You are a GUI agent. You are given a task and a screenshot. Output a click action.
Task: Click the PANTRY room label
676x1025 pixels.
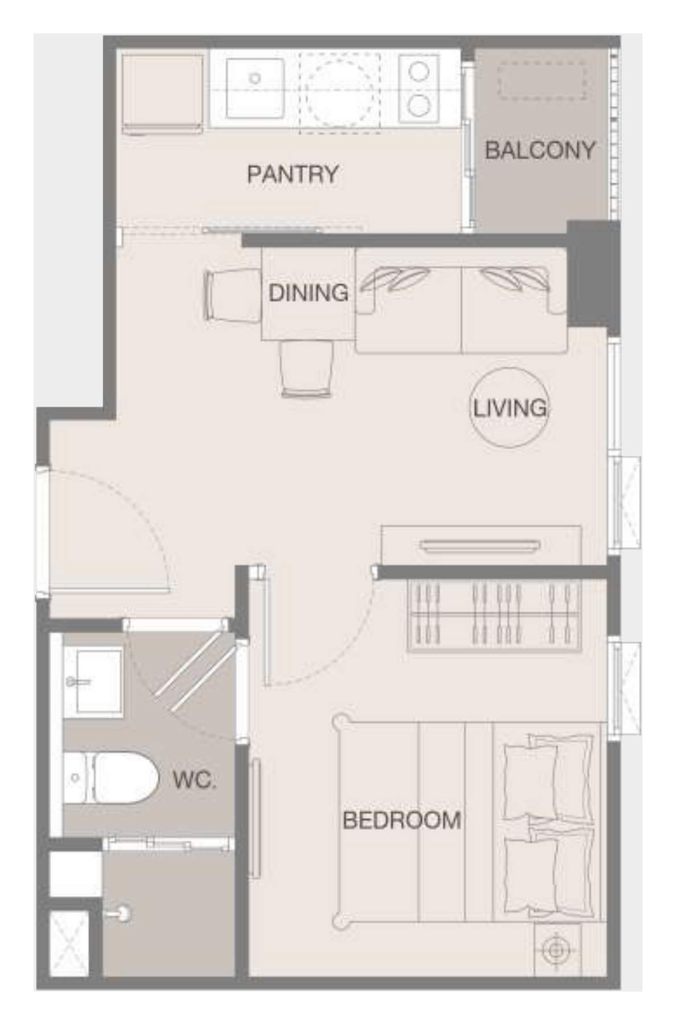(293, 174)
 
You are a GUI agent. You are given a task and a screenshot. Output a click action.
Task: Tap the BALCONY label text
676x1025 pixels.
(540, 150)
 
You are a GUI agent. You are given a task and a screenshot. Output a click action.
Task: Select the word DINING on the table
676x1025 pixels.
(308, 293)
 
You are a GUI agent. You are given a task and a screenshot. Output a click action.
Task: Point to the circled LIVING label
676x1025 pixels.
(510, 408)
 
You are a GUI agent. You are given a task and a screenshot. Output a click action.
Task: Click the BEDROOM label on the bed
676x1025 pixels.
(402, 820)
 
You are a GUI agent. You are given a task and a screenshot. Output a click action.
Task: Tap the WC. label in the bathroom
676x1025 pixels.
(195, 780)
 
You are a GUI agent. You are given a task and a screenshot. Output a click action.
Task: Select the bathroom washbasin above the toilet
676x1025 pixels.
(93, 682)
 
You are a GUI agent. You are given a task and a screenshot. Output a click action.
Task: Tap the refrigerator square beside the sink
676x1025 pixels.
(163, 94)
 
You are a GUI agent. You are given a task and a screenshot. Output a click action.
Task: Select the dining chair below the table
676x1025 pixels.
(306, 369)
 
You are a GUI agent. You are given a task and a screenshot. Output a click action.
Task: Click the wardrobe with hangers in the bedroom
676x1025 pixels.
(494, 616)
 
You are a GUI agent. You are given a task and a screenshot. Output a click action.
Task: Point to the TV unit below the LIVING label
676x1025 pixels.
(481, 546)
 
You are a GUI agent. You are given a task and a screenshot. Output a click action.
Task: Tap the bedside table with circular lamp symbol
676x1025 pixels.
(557, 949)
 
